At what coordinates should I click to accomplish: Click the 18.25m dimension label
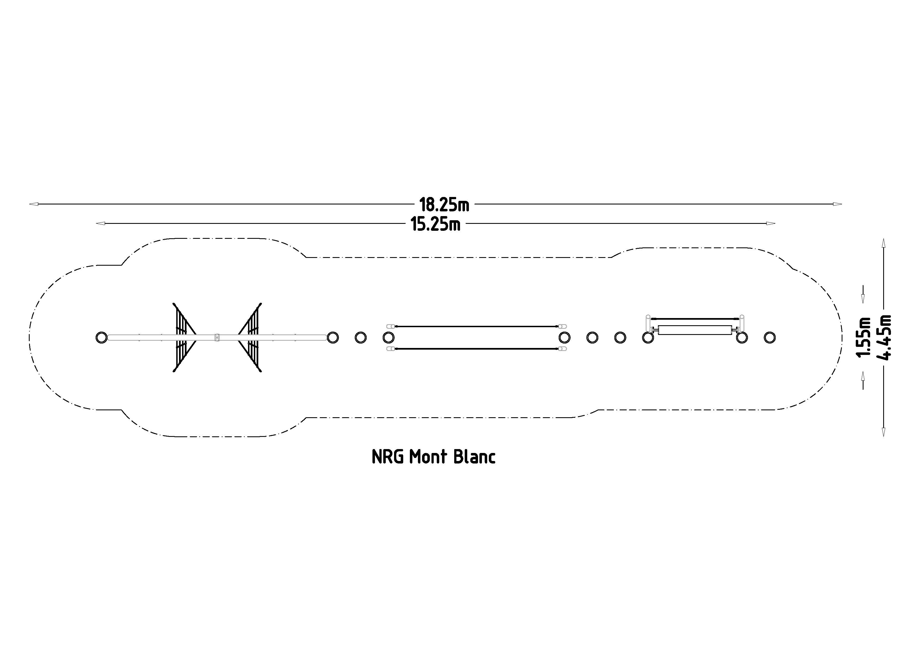pos(444,205)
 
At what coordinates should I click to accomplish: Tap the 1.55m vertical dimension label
pos(864,337)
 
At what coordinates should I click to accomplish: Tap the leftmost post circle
pos(102,338)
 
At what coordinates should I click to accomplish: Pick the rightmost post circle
pos(770,338)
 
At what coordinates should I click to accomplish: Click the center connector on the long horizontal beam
pos(217,338)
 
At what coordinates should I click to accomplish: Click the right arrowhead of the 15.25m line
pos(771,224)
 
